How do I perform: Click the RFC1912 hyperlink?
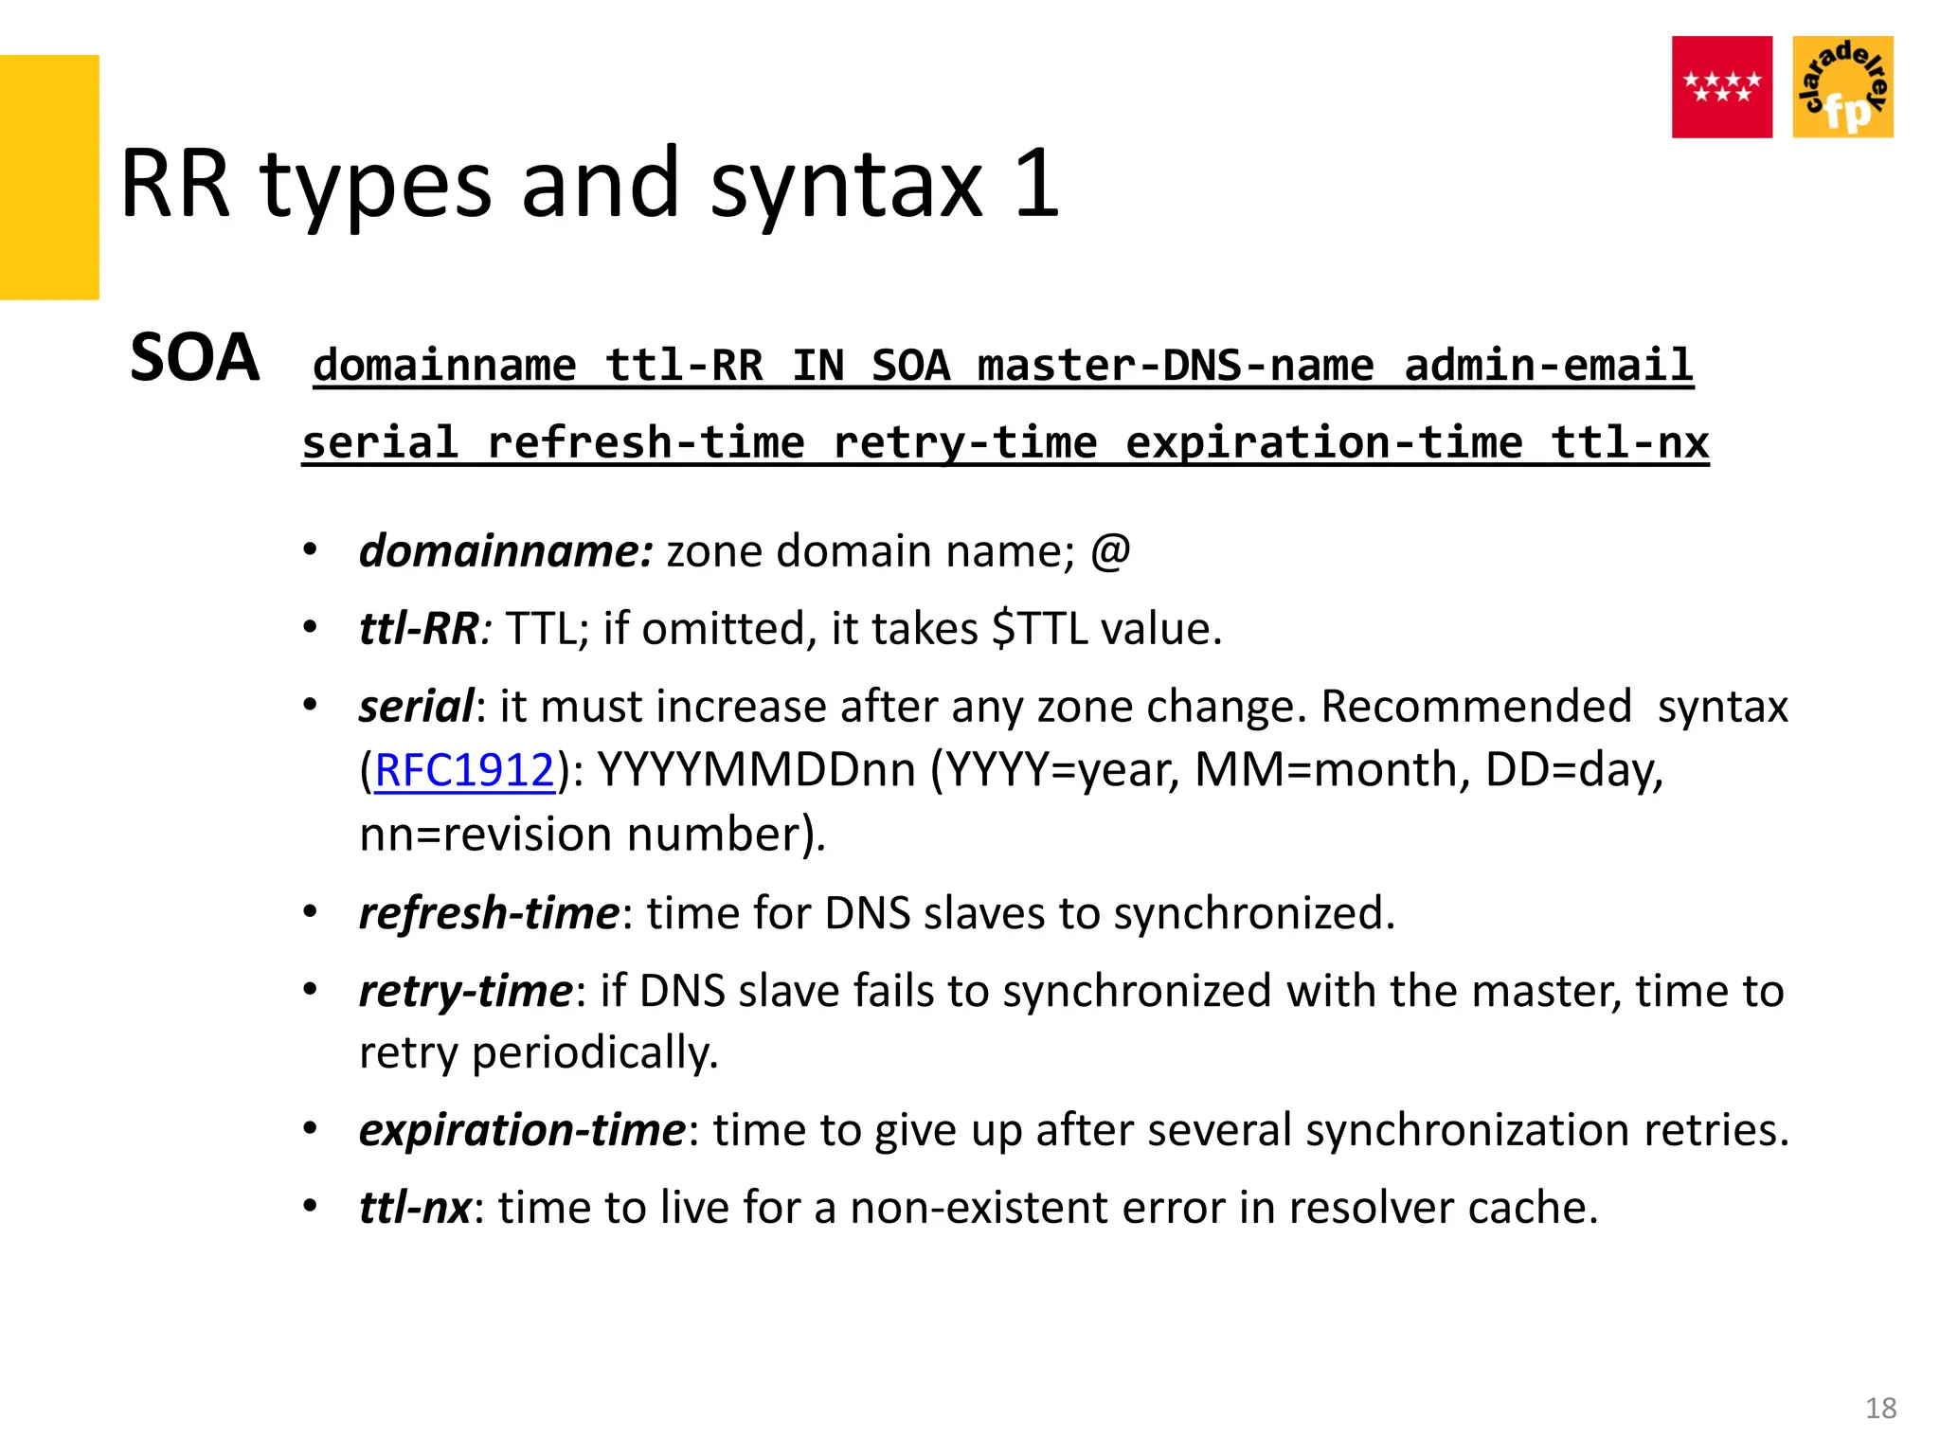(x=464, y=770)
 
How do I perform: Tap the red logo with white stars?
(x=1721, y=87)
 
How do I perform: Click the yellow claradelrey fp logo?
(x=1842, y=87)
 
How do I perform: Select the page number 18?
(x=1880, y=1409)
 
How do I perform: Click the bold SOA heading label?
(x=194, y=358)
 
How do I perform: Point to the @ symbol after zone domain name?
(x=1110, y=551)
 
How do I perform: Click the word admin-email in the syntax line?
(x=1548, y=366)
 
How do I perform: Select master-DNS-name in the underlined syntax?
(x=1175, y=366)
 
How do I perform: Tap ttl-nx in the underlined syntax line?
(x=1629, y=443)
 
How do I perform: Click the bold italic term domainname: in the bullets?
(x=505, y=551)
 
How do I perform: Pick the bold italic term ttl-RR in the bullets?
(x=419, y=629)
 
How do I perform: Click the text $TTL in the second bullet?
(x=1038, y=629)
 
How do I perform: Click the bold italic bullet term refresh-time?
(x=489, y=913)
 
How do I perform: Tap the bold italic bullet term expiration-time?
(x=522, y=1130)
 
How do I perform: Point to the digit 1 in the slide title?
(x=1036, y=184)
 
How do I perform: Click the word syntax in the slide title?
(x=846, y=184)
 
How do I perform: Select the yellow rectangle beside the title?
(x=49, y=177)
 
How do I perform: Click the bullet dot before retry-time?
(x=310, y=990)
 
